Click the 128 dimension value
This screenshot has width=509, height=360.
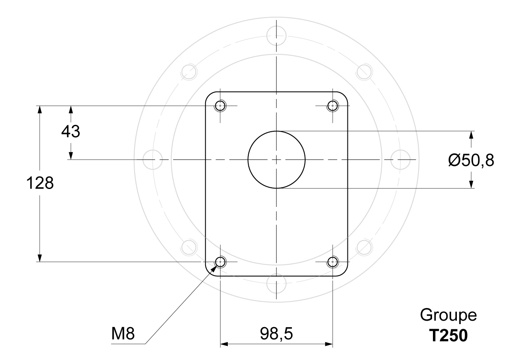point(40,183)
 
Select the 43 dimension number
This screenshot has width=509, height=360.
point(71,131)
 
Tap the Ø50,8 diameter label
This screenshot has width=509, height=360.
point(471,160)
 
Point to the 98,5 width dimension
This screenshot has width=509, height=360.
point(276,333)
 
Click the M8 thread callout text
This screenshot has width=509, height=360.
point(123,333)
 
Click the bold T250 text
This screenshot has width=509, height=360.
point(448,336)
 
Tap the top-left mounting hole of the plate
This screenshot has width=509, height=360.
point(221,106)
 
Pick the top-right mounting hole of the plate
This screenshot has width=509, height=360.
point(332,106)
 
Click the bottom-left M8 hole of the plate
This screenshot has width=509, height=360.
point(221,262)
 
